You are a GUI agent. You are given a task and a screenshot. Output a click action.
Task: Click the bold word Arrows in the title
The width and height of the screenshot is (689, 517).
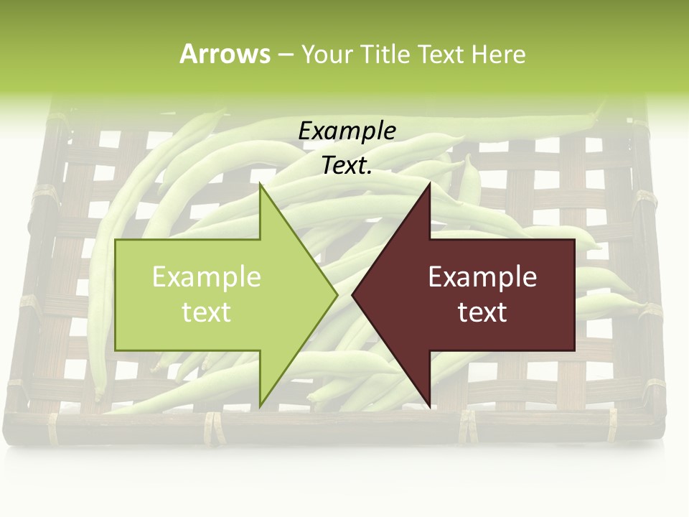pos(225,54)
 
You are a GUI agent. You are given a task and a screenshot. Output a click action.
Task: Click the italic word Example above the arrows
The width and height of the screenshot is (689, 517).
pos(347,131)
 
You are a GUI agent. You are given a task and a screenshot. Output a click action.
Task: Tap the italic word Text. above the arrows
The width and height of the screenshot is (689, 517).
pos(347,166)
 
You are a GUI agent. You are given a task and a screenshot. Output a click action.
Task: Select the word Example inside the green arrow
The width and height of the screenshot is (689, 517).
pos(207,276)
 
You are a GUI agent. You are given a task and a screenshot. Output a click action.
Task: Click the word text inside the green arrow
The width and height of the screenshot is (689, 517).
pos(207,312)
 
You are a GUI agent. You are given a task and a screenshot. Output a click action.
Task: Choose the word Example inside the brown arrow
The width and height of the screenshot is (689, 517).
pos(482,276)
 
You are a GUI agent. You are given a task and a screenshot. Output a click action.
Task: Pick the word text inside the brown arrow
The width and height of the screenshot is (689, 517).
pos(482,312)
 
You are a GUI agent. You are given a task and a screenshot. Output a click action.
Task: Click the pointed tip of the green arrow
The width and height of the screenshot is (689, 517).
pos(337,294)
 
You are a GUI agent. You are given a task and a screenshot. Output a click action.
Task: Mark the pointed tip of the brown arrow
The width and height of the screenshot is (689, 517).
pos(352,294)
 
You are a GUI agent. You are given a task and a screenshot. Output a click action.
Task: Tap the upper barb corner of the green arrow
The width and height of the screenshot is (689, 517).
pos(261,185)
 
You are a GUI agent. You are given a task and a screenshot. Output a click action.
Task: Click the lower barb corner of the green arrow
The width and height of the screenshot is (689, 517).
pos(261,405)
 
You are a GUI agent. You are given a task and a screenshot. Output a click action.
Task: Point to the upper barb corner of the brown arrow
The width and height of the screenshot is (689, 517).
pos(429,185)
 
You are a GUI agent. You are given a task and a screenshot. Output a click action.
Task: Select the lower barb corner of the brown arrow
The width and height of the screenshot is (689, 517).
pos(429,405)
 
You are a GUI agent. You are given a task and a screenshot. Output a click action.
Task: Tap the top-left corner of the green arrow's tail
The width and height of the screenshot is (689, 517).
pos(116,240)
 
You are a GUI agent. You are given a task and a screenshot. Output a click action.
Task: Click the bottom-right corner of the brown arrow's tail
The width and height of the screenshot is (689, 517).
pos(574,350)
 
